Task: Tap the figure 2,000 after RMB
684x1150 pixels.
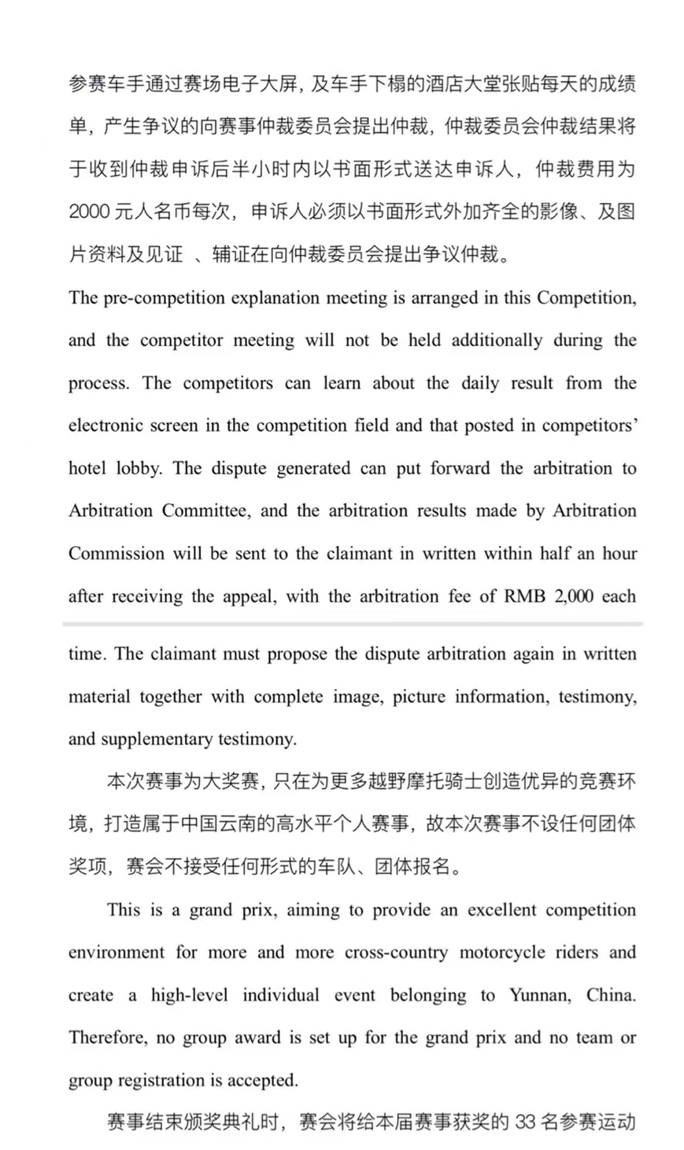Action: [573, 595]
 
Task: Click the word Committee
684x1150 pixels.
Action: [204, 510]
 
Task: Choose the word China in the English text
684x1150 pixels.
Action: [610, 994]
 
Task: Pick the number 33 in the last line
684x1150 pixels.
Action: [524, 1122]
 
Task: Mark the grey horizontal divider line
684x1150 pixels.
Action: [353, 624]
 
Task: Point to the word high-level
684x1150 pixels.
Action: [190, 994]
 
